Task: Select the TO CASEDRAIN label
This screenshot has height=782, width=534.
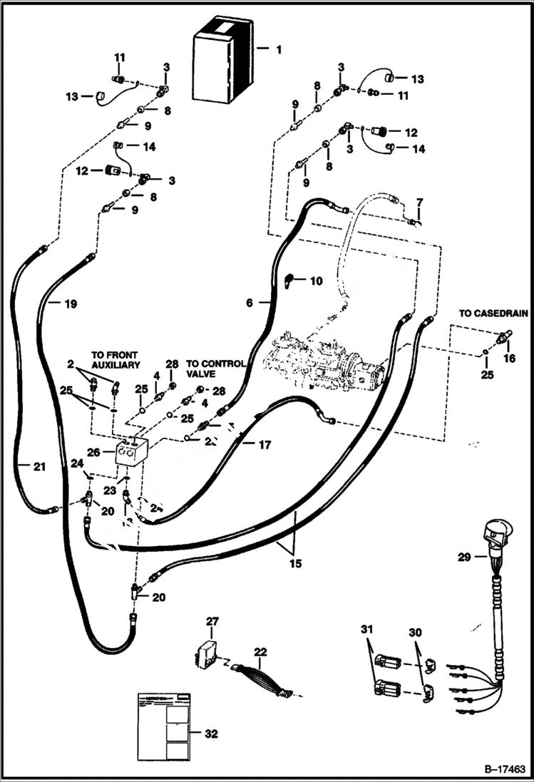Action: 489,313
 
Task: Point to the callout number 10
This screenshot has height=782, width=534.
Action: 314,281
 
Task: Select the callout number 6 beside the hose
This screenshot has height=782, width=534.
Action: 249,302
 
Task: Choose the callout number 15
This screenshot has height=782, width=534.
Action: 295,563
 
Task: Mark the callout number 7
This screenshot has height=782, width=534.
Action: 419,202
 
